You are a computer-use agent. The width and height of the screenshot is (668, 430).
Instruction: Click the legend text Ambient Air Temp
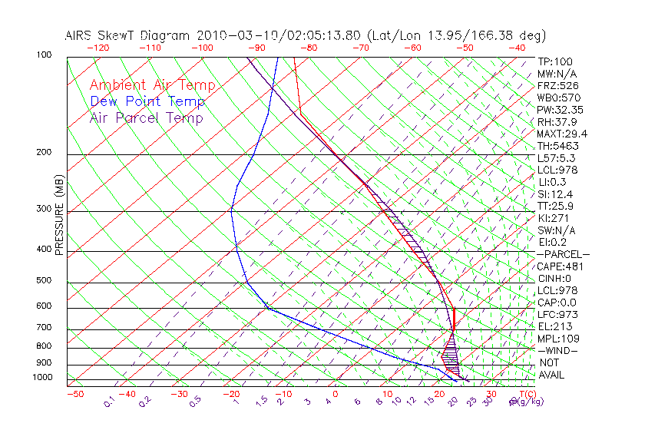point(152,85)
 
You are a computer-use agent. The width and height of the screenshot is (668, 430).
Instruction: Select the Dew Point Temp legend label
point(147,101)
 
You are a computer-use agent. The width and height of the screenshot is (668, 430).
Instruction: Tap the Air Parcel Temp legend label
point(146,117)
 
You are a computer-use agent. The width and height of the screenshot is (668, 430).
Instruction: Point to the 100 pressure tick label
point(44,55)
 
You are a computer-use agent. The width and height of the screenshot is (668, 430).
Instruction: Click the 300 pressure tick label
point(44,209)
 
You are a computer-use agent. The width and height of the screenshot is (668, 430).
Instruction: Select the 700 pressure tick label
point(44,328)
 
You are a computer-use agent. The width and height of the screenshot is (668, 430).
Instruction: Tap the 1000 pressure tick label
point(41,378)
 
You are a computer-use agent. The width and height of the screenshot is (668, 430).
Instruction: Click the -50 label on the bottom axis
point(74,394)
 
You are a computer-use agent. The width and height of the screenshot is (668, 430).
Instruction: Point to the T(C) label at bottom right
point(529,394)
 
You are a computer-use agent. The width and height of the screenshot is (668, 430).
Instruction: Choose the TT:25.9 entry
point(555,207)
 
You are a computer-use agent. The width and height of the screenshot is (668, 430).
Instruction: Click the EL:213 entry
point(553,326)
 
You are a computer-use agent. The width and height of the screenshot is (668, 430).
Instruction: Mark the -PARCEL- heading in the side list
point(563,254)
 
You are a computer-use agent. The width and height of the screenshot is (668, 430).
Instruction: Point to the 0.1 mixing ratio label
point(110,402)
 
